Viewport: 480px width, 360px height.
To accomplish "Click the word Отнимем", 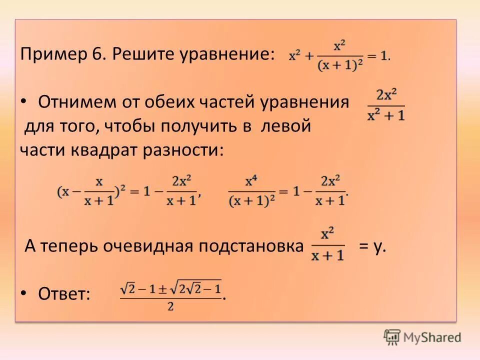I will click(x=75, y=102).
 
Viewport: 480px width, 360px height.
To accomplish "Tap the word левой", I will click(x=285, y=126).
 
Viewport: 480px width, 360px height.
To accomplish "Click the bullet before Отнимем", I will click(x=24, y=101).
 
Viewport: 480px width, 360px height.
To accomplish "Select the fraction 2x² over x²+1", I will click(x=386, y=105).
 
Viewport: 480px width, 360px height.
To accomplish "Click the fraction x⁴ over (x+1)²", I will click(x=251, y=191).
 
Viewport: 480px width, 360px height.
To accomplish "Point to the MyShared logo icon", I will click(x=392, y=337).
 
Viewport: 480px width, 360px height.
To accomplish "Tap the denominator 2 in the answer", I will click(x=170, y=307).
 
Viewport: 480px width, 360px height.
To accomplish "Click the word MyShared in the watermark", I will click(x=432, y=337).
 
